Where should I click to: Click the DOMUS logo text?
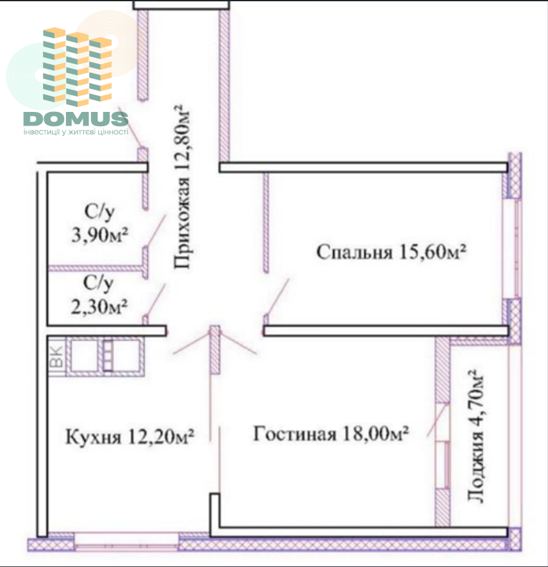[x=76, y=119]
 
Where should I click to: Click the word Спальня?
[x=354, y=252]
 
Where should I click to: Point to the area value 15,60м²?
[x=432, y=252]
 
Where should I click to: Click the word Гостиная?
[x=294, y=433]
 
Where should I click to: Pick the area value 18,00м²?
[x=376, y=433]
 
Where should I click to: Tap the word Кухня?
[x=93, y=437]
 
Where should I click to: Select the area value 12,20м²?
[x=161, y=436]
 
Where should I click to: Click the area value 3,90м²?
[x=100, y=235]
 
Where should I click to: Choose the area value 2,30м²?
[x=99, y=307]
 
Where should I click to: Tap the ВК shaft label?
[x=57, y=356]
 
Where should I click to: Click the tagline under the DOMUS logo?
[x=76, y=132]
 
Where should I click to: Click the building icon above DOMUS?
[x=77, y=67]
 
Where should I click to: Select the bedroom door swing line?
[x=278, y=297]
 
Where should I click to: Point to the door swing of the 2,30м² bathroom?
[x=156, y=300]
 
